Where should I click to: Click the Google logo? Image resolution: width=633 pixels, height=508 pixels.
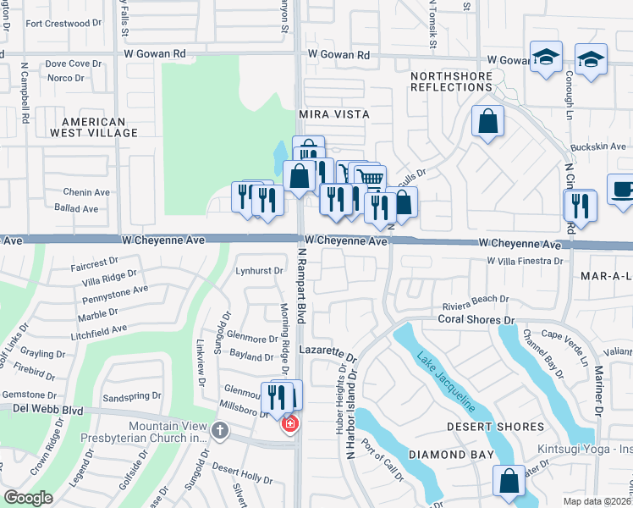[x=28, y=498]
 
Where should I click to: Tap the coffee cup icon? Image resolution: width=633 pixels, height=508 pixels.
[x=621, y=190]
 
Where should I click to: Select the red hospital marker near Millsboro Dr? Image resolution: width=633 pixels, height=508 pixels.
[x=289, y=422]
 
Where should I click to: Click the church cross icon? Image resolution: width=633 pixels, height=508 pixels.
[x=219, y=432]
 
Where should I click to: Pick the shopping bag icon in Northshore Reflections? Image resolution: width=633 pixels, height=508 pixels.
[x=488, y=122]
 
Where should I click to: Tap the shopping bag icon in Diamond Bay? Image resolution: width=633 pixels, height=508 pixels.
[x=510, y=481]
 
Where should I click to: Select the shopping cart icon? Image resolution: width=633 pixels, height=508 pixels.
[x=370, y=179]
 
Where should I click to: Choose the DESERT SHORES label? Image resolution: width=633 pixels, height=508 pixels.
[x=482, y=427]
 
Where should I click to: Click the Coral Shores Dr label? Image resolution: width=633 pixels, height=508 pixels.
[x=476, y=319]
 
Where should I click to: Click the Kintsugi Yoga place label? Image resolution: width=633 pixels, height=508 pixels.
[x=585, y=449]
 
